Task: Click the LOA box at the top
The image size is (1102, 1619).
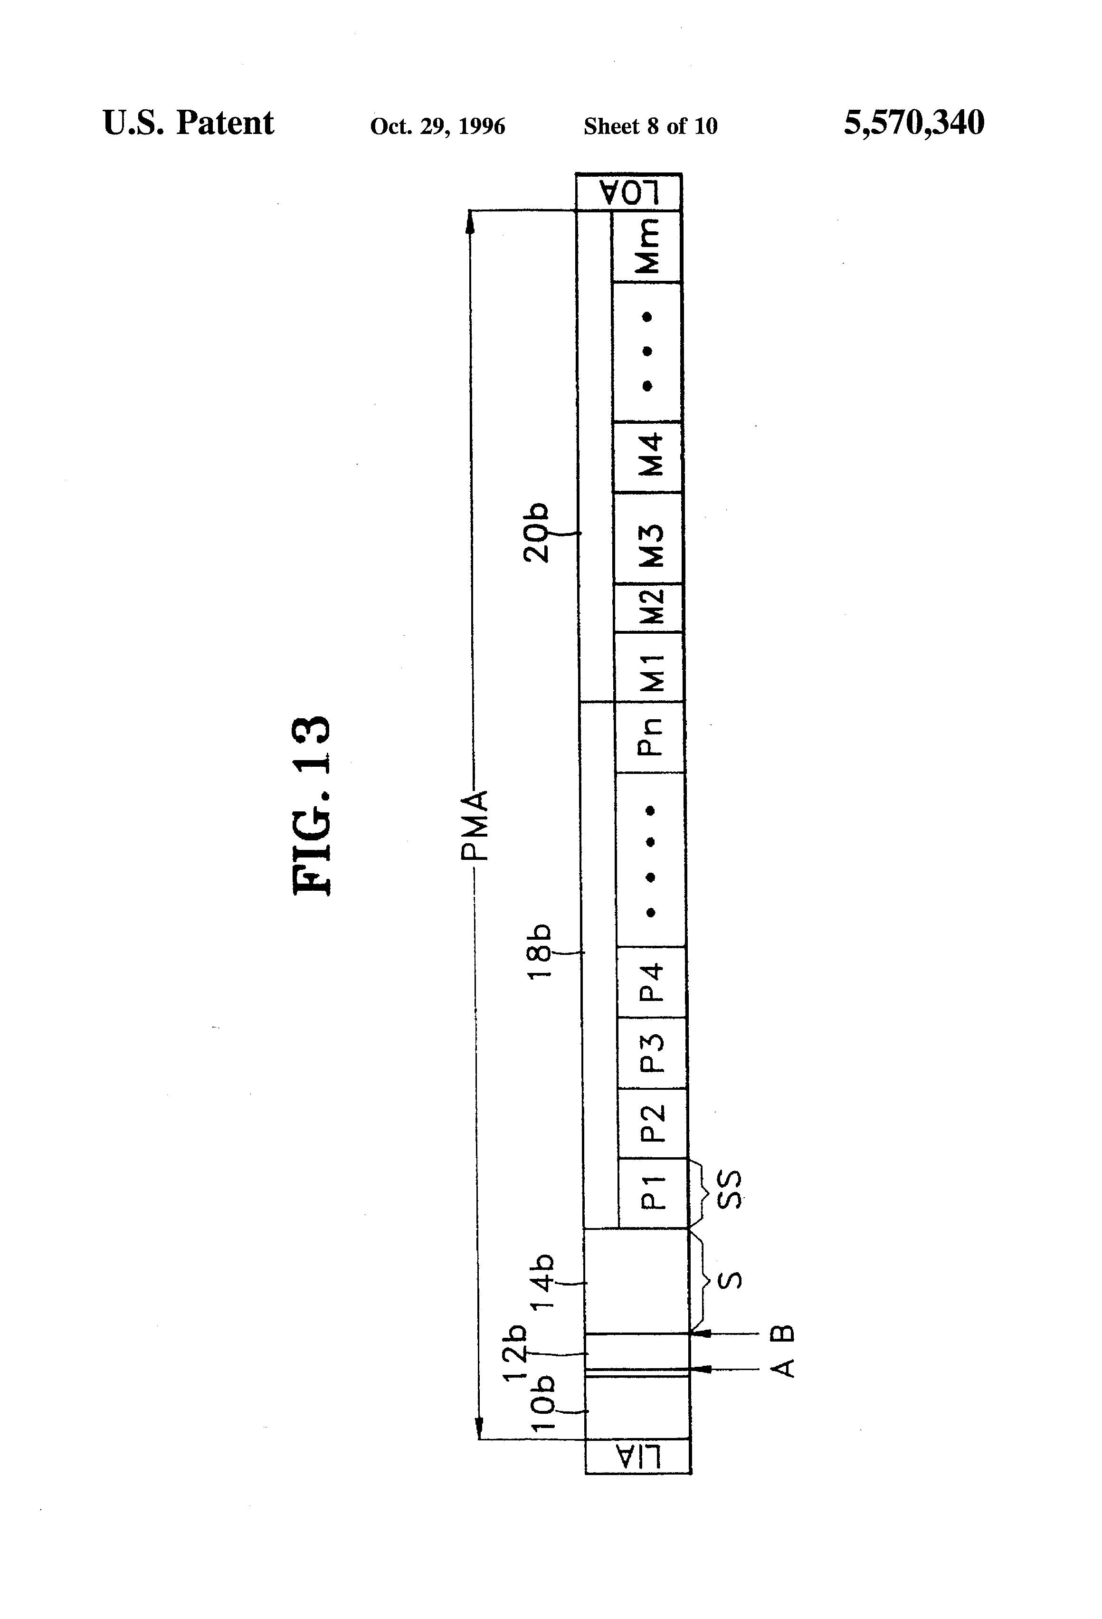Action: pyautogui.click(x=628, y=191)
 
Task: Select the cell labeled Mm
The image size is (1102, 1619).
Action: pyautogui.click(x=646, y=246)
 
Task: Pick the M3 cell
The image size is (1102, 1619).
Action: pyautogui.click(x=648, y=538)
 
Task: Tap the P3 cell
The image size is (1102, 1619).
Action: pyautogui.click(x=653, y=1053)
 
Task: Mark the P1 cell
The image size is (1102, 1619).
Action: pyautogui.click(x=654, y=1193)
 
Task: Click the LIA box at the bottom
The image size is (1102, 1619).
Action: pyautogui.click(x=638, y=1456)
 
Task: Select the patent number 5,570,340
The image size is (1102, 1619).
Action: pyautogui.click(x=914, y=123)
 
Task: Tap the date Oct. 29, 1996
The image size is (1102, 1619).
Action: pyautogui.click(x=437, y=126)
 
